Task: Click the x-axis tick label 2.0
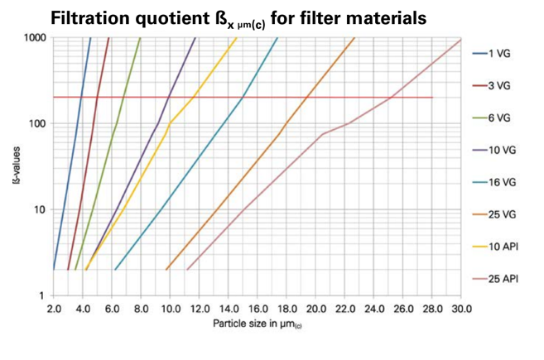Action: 55,309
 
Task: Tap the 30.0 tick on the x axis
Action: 461,309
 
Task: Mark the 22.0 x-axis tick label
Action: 345,309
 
